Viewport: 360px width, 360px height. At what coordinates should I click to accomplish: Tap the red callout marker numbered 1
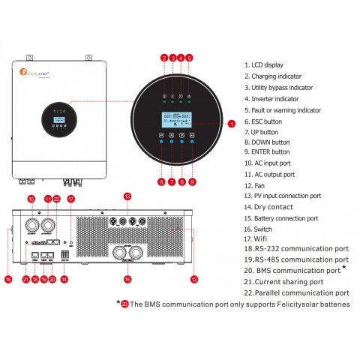[232, 122]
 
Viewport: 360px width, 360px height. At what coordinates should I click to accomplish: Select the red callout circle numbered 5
[189, 58]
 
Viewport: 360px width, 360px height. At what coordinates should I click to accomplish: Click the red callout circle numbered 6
[160, 181]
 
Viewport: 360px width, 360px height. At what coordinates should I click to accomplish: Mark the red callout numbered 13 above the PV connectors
[127, 196]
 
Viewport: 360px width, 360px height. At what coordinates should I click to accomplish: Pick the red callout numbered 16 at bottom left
[8, 279]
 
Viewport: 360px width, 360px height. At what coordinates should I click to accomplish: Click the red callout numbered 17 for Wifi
[71, 199]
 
